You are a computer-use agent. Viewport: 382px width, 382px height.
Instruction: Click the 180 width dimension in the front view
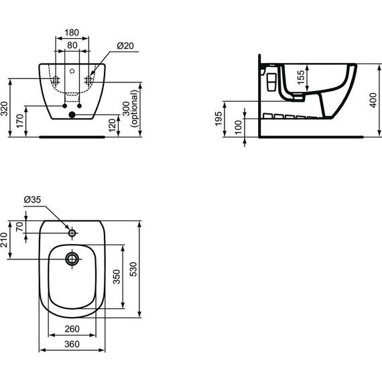point(72,32)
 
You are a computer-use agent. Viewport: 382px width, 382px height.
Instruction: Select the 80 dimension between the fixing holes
point(72,46)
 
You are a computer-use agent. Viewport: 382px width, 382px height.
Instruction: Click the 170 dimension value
point(21,121)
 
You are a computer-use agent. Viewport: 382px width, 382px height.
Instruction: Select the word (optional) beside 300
point(135,110)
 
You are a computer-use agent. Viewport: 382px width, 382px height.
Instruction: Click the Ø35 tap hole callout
point(32,199)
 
